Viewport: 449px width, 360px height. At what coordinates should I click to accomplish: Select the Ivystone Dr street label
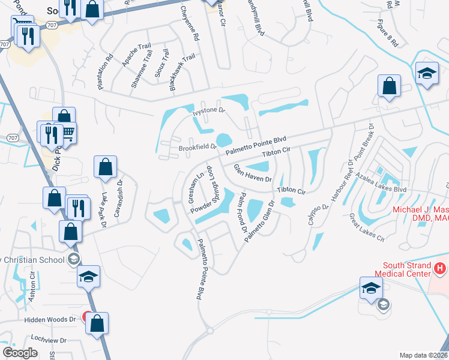[x=208, y=110]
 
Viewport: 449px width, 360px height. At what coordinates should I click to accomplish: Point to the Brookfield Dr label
[x=197, y=146]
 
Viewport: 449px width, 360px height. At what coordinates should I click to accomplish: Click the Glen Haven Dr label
[x=253, y=173]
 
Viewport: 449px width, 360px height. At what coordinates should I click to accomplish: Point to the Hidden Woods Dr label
[x=50, y=320]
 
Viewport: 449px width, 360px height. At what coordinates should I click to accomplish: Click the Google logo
[x=20, y=352]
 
